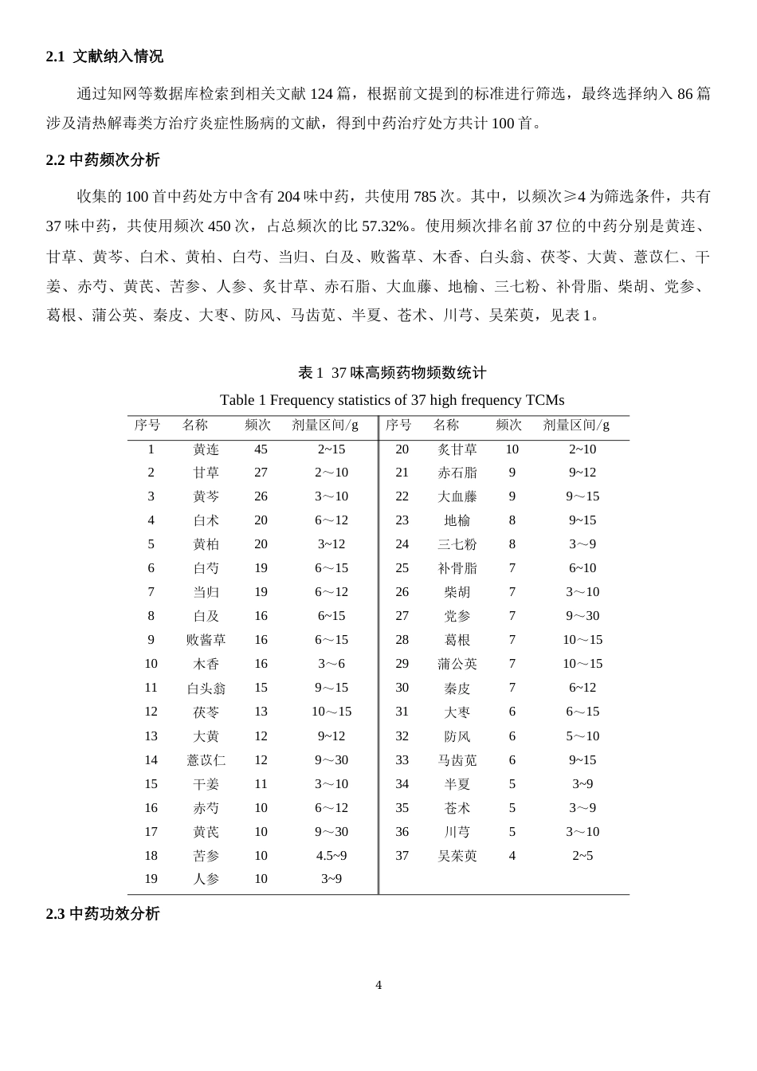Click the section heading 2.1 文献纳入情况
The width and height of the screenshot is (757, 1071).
click(x=104, y=57)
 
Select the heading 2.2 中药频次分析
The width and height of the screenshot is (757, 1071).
click(x=103, y=160)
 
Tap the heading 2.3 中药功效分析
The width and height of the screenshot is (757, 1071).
click(x=103, y=914)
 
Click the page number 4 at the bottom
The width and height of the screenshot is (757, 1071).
click(x=378, y=985)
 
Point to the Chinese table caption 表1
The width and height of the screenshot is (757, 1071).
click(x=391, y=372)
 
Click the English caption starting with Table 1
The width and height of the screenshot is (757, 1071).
click(x=391, y=399)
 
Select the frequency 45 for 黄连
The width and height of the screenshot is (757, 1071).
click(x=261, y=449)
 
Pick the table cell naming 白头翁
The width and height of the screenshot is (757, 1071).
click(x=206, y=688)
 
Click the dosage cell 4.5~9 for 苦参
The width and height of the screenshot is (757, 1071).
click(x=331, y=856)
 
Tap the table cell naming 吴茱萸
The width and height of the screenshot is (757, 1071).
click(x=457, y=856)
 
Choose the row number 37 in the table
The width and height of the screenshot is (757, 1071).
click(x=402, y=856)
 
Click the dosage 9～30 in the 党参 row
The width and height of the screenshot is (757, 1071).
click(x=582, y=616)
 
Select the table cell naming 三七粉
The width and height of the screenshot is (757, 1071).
click(x=457, y=545)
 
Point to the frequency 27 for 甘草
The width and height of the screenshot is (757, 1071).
click(x=261, y=473)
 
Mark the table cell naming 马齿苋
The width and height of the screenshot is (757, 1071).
click(x=457, y=761)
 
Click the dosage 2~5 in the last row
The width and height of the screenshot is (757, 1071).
click(x=582, y=856)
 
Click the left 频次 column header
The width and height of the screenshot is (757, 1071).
click(x=257, y=426)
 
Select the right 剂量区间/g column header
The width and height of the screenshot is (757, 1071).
click(x=576, y=426)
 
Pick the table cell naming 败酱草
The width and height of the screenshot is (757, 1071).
click(x=206, y=641)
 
